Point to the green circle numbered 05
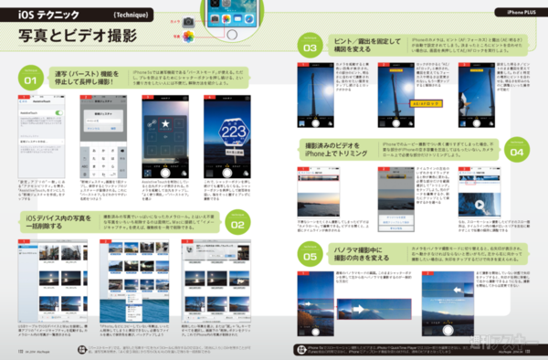pos(311,257)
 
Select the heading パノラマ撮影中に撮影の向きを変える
pos(368,257)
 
